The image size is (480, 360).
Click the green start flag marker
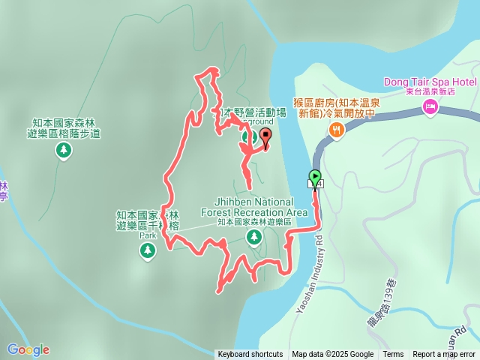click(314, 178)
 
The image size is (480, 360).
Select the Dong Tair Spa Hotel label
click(430, 81)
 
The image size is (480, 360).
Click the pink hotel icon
click(430, 108)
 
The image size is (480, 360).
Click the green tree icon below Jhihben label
click(254, 238)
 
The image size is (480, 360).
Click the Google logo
click(28, 349)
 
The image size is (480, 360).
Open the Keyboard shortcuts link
click(250, 355)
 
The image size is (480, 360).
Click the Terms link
click(393, 355)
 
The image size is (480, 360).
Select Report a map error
click(445, 355)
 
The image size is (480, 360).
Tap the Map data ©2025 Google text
click(332, 355)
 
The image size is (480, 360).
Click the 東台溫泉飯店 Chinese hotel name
click(430, 91)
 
